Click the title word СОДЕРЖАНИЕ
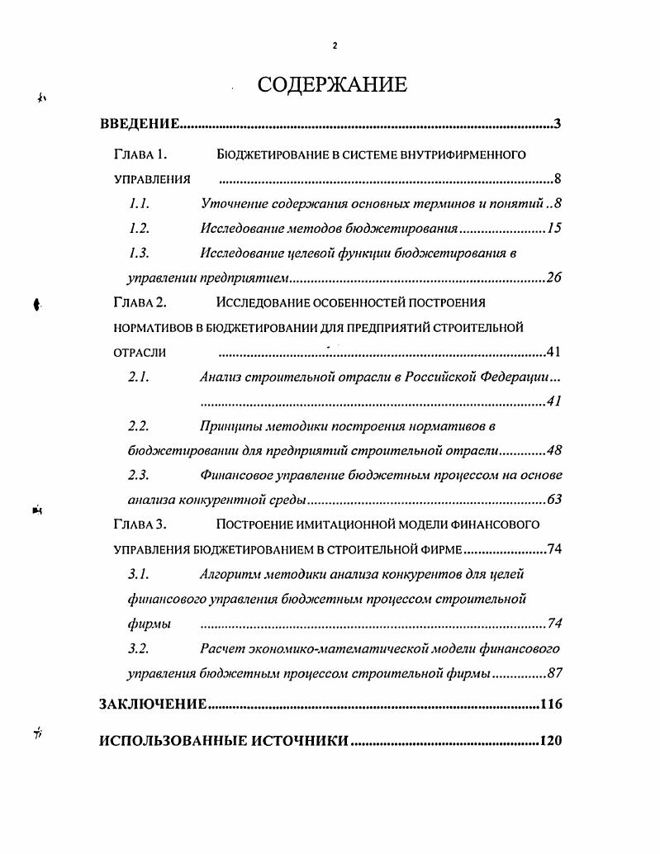[332, 85]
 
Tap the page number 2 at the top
[334, 46]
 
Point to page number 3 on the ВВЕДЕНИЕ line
[558, 125]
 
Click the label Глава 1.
[140, 154]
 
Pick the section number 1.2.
[139, 228]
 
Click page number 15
[554, 228]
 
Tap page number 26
[554, 278]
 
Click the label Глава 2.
[140, 302]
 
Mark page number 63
[554, 500]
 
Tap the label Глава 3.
[140, 524]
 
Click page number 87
[554, 673]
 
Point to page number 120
[550, 741]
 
